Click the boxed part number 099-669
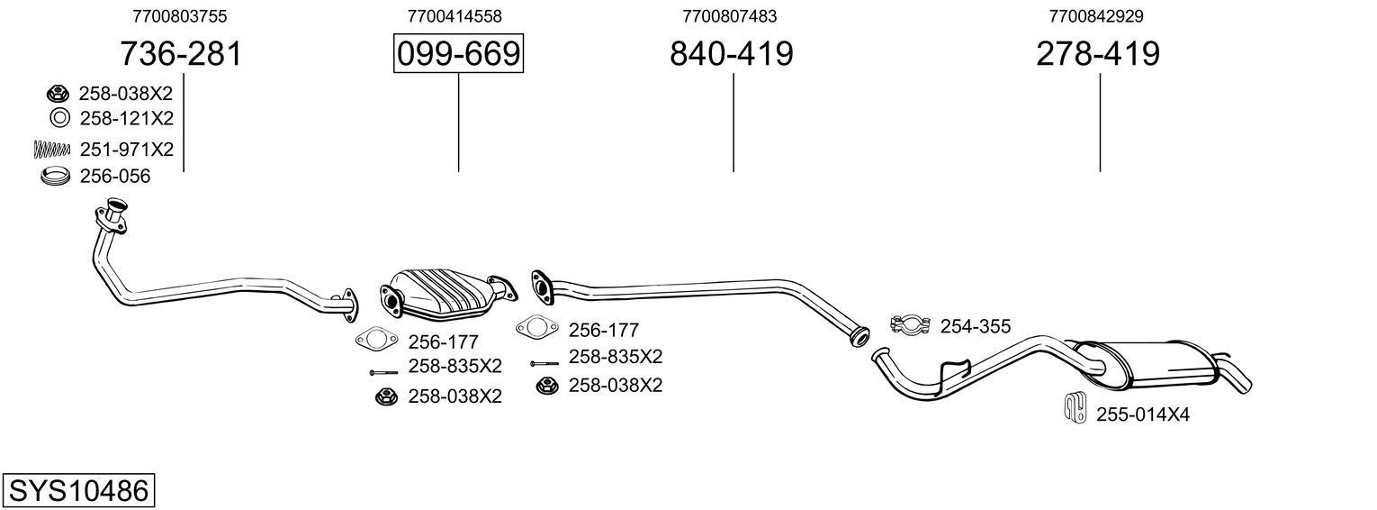pos(458,54)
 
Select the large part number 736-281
pos(181,54)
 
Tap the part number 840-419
pos(731,54)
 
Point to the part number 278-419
pos(1098,54)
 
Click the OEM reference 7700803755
pos(179,16)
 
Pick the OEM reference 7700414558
pos(454,16)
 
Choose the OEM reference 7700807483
pos(730,16)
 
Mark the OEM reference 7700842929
pos(1096,16)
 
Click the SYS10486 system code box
pos(78,491)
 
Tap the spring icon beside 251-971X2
pos(51,149)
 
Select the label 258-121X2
pos(126,119)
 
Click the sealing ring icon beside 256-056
pos(56,177)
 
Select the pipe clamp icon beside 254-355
pos(911,325)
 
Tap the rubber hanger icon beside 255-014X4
pos(1074,408)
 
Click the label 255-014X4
pos(1143,414)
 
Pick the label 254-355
pos(976,326)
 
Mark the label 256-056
pos(115,177)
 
